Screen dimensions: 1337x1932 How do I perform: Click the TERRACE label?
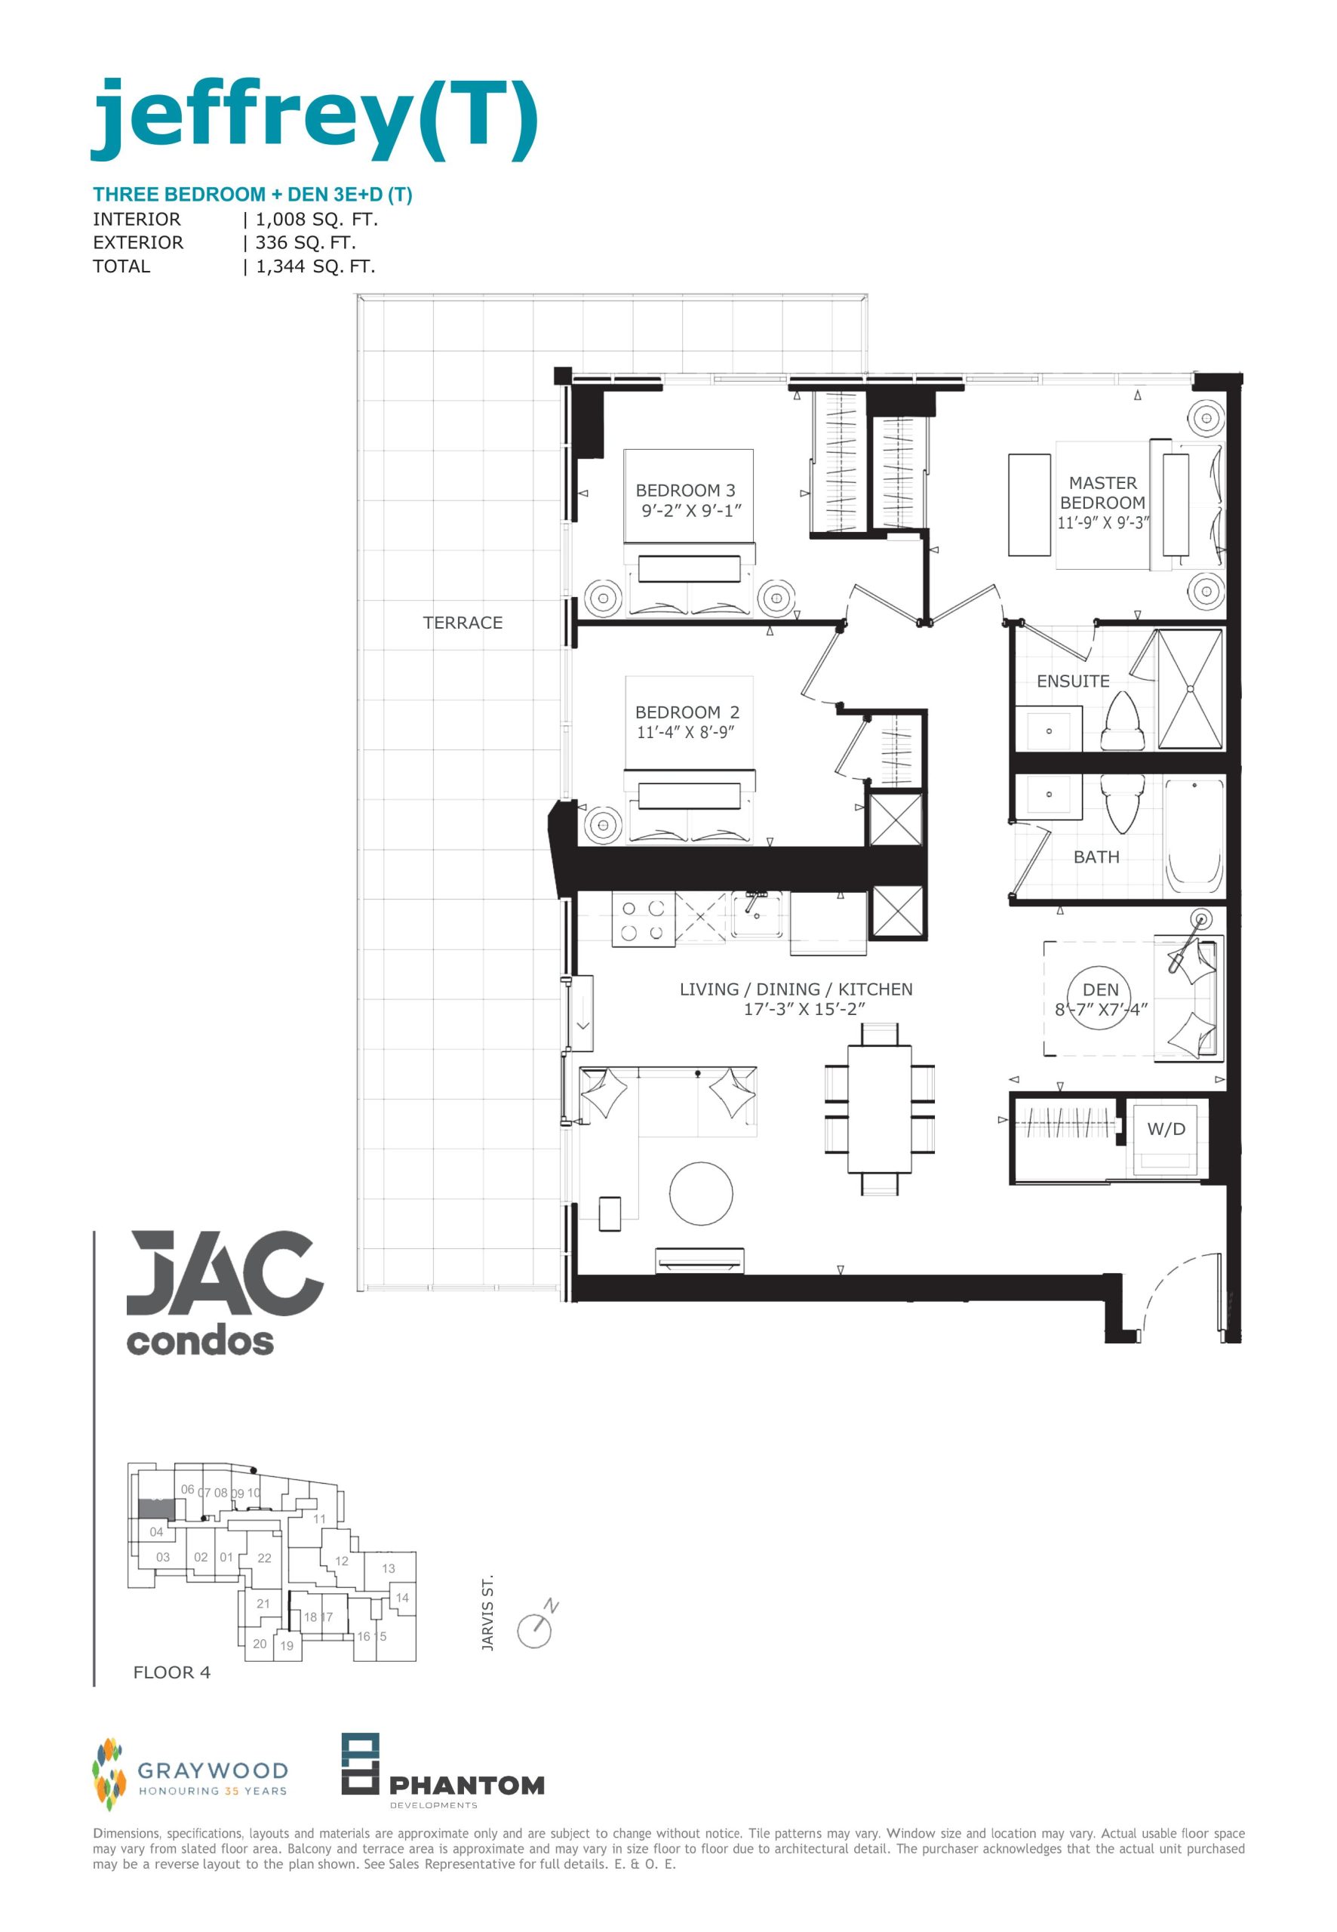click(x=463, y=623)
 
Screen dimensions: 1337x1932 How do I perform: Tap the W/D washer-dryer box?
click(x=1166, y=1138)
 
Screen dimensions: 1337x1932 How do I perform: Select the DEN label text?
click(x=1100, y=989)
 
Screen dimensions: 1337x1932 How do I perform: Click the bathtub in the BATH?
click(x=1194, y=835)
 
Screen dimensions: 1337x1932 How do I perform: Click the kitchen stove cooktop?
click(x=644, y=920)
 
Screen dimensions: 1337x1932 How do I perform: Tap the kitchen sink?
click(x=758, y=914)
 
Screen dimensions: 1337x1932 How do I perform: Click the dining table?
click(x=879, y=1109)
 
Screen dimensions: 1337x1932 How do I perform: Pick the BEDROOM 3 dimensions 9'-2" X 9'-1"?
click(x=692, y=511)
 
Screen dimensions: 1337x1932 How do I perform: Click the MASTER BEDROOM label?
click(x=1102, y=493)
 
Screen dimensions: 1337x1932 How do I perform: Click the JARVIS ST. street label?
click(x=487, y=1614)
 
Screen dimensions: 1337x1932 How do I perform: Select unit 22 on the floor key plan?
click(x=265, y=1558)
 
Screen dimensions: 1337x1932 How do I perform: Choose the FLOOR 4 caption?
click(x=172, y=1672)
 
